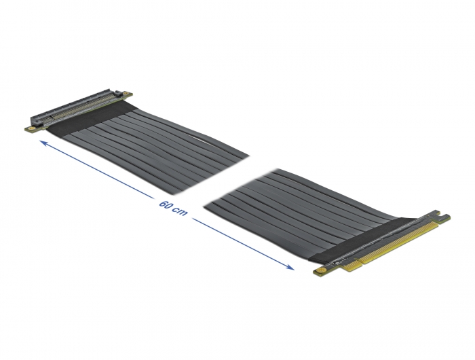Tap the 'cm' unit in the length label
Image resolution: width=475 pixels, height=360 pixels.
(x=180, y=213)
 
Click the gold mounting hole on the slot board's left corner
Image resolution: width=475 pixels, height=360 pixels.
(x=29, y=128)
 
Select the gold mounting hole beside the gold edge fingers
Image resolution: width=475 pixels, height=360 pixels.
(x=318, y=272)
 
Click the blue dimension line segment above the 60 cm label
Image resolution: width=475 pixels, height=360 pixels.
(x=102, y=173)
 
